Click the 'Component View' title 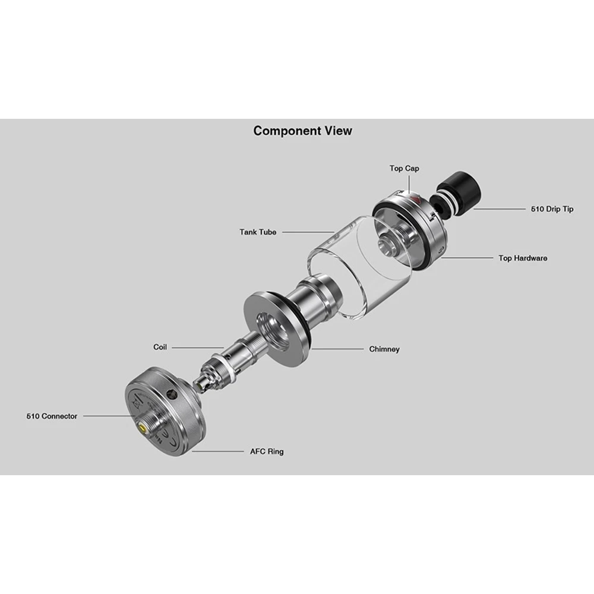tap(303, 131)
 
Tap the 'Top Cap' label tap(404, 168)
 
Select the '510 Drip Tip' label tap(552, 208)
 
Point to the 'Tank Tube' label tap(258, 232)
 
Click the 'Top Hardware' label tap(523, 258)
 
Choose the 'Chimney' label tap(384, 349)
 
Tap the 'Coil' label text tap(160, 347)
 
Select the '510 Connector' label tap(52, 416)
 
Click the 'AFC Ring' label tap(267, 451)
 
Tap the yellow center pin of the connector tap(143, 429)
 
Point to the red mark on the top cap tap(415, 198)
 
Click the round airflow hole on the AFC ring tap(172, 395)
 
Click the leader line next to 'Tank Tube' tap(308, 232)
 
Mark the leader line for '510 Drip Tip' tap(500, 208)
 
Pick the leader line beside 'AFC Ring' tap(218, 451)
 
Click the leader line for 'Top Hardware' tap(467, 258)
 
